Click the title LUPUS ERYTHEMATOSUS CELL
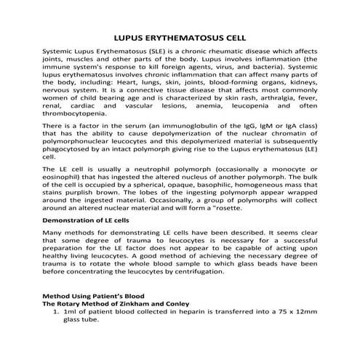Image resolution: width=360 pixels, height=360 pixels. click(180, 37)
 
